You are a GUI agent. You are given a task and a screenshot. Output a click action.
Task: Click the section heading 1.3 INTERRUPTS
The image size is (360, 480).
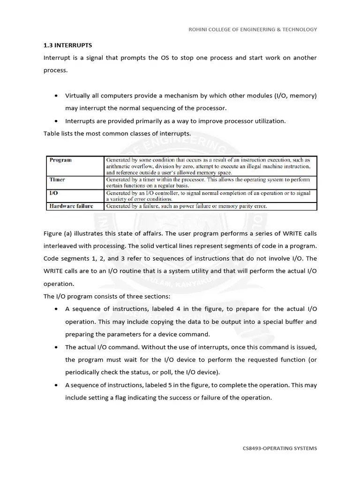click(67, 45)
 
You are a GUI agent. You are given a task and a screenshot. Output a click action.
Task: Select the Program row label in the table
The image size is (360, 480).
click(60, 160)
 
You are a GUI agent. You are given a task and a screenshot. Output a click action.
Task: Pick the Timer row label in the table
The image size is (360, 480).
click(57, 180)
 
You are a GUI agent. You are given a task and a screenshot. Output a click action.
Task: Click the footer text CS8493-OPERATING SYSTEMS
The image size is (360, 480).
click(279, 448)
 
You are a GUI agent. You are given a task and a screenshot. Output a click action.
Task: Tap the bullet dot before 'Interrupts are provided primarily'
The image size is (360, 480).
click(56, 121)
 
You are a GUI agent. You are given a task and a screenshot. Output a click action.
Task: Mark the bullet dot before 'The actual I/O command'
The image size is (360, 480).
click(56, 347)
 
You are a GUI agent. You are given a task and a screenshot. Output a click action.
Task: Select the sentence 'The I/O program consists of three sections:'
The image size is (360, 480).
click(107, 296)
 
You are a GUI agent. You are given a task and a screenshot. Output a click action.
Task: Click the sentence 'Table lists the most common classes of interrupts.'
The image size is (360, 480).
click(117, 134)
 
